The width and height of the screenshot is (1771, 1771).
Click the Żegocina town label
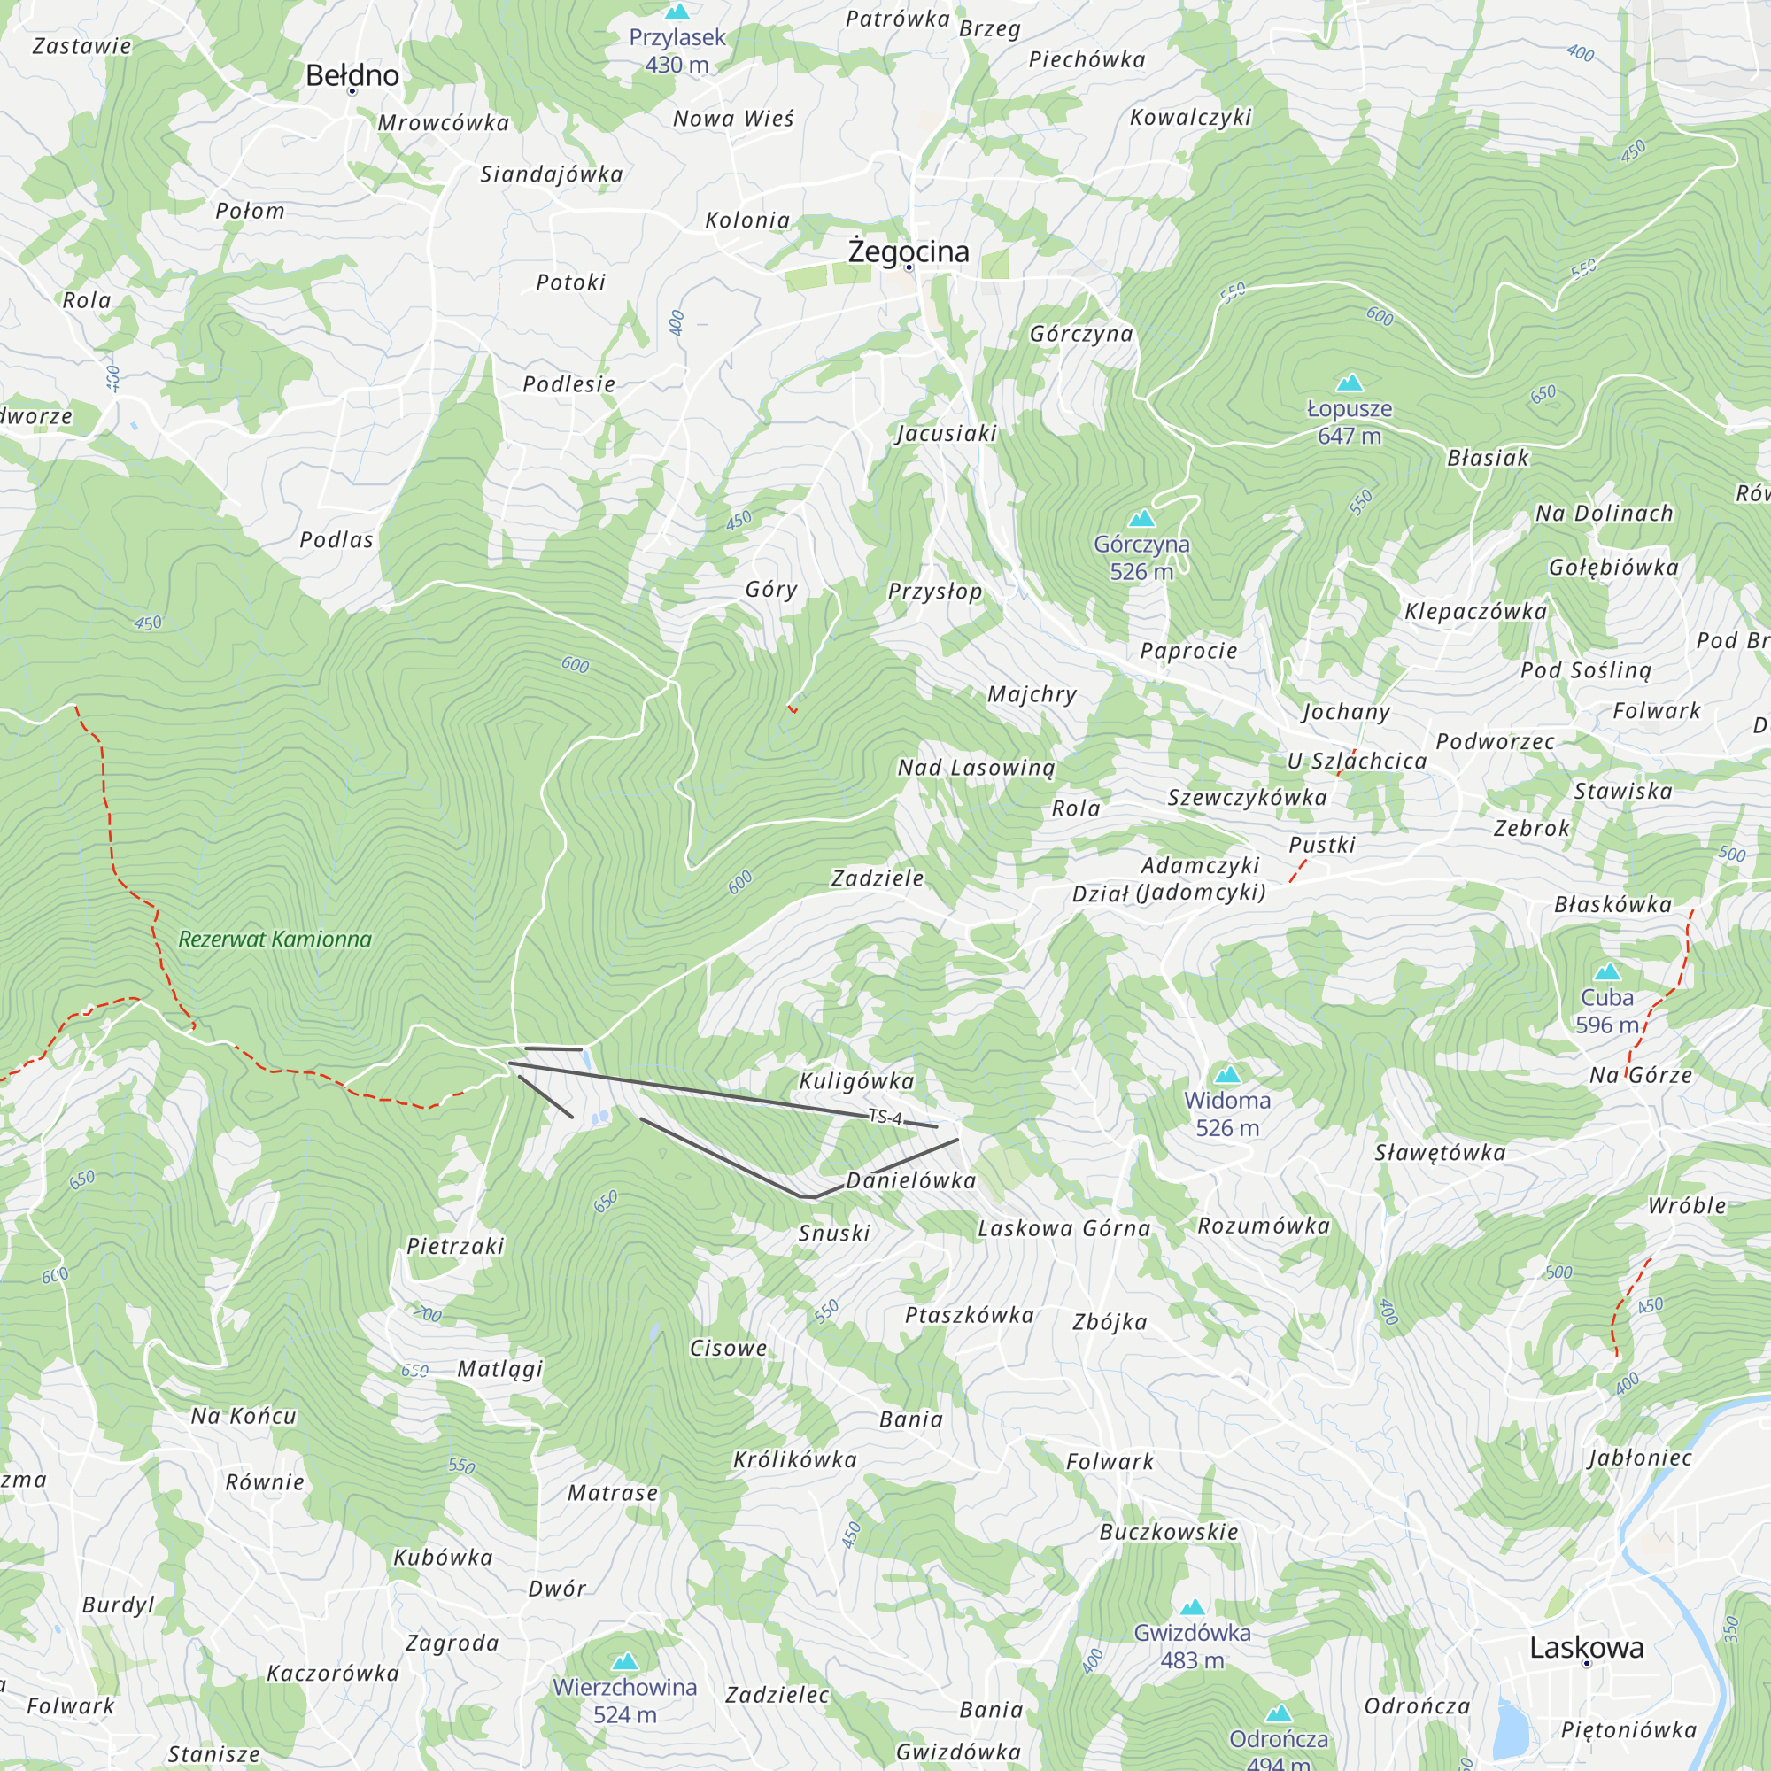tap(908, 251)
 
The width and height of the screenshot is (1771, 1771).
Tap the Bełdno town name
tap(352, 75)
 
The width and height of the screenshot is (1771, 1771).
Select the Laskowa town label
tap(1586, 1647)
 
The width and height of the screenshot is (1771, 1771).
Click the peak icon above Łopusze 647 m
tap(1350, 383)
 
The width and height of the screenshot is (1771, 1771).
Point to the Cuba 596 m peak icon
tap(1607, 971)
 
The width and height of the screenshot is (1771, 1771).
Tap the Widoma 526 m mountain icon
tap(1226, 1074)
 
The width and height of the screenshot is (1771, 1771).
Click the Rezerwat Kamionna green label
tap(275, 939)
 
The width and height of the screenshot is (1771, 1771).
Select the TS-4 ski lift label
tap(885, 1117)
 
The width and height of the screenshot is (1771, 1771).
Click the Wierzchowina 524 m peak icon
tap(625, 1661)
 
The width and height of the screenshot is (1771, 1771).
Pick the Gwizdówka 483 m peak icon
tap(1192, 1607)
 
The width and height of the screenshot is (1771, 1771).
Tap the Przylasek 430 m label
tap(677, 50)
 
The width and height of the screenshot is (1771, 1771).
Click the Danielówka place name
tap(910, 1180)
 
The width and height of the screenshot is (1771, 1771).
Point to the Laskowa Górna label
tap(1063, 1228)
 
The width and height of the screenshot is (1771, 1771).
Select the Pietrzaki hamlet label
tap(455, 1246)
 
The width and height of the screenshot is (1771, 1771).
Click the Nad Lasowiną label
tap(976, 767)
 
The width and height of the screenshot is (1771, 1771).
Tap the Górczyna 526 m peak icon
tap(1141, 519)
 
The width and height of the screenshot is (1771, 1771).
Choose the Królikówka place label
tap(795, 1459)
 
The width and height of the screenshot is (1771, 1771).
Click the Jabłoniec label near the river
tap(1640, 1458)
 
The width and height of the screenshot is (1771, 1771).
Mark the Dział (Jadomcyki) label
tap(1169, 893)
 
